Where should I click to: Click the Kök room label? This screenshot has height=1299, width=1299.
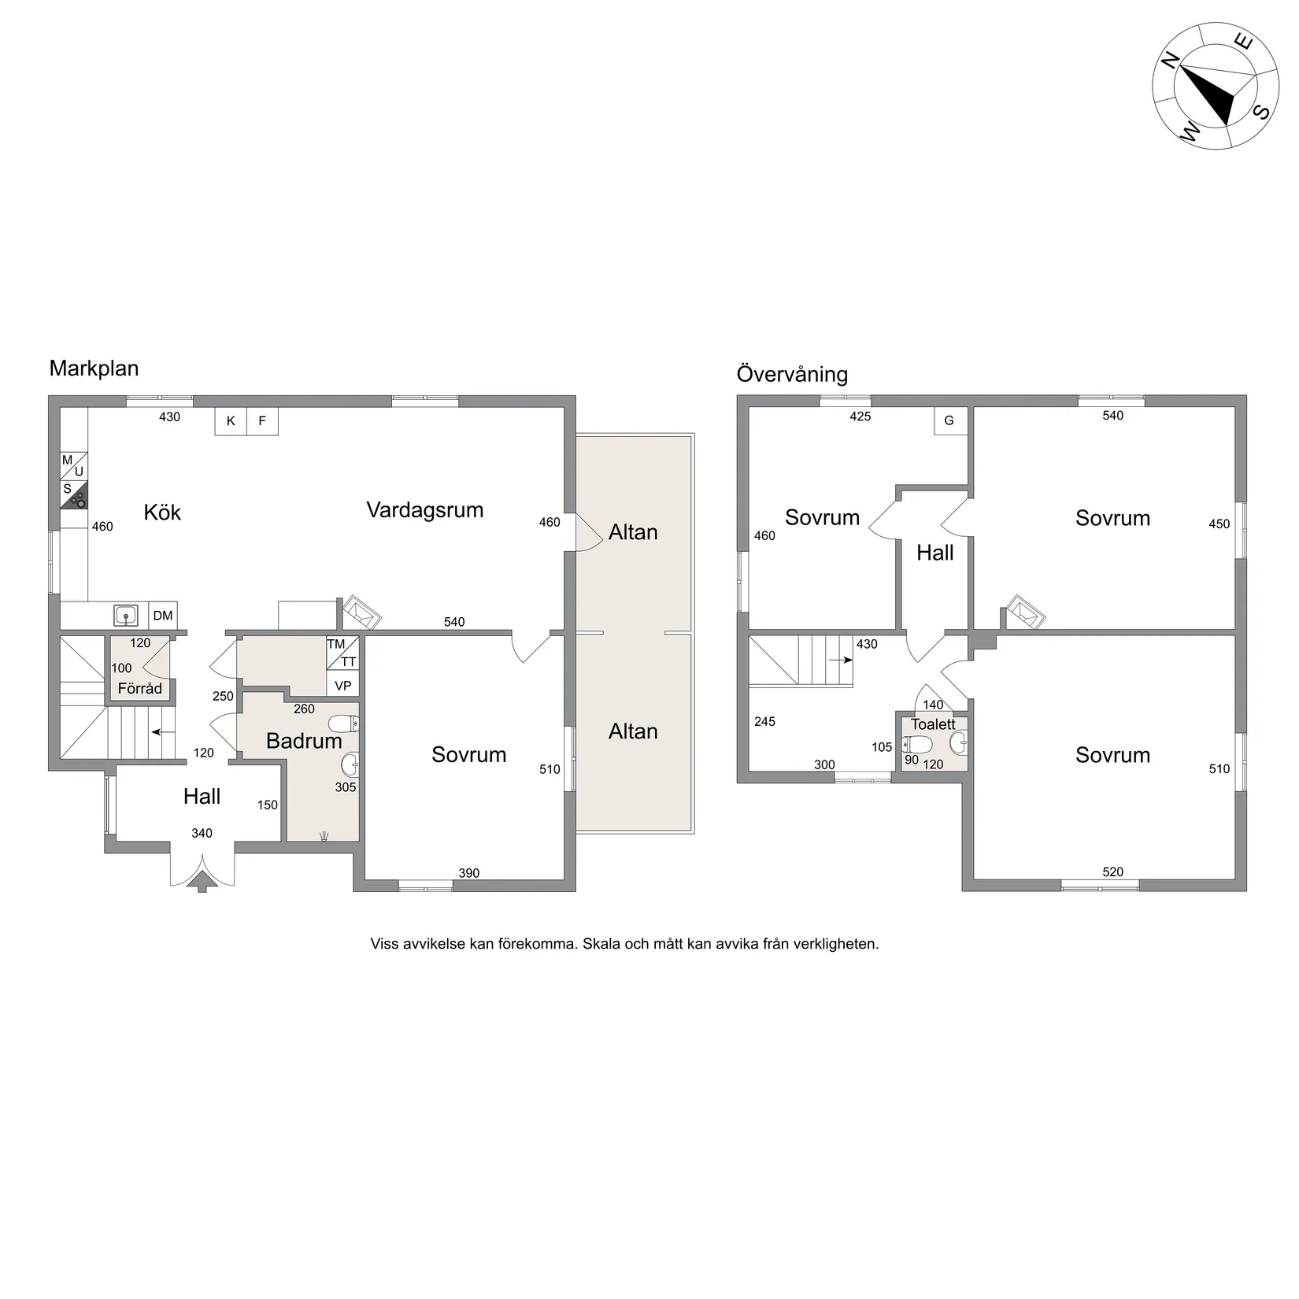click(162, 513)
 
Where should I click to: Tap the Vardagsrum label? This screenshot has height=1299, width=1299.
click(425, 510)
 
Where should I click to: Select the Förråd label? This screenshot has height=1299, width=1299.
click(140, 688)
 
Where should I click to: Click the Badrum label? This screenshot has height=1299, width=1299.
click(304, 741)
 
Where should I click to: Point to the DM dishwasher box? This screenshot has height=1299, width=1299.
click(163, 616)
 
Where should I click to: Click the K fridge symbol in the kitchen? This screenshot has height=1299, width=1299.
click(231, 421)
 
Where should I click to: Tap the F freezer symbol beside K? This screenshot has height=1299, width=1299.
click(262, 421)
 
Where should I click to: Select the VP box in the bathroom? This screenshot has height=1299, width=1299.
click(342, 686)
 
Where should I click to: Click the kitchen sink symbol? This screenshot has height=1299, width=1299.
click(126, 615)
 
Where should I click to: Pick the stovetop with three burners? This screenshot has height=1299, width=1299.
click(75, 496)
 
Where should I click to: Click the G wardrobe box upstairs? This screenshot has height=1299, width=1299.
click(949, 420)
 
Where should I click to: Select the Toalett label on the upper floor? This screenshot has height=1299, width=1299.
click(933, 724)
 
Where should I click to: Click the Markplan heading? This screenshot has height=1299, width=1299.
click(94, 368)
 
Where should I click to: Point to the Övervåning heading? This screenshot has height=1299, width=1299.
click(792, 374)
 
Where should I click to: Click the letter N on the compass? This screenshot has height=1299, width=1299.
click(1171, 61)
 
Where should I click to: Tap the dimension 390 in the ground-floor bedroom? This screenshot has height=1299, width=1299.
click(469, 873)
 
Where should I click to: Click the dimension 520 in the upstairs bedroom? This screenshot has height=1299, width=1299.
click(1113, 872)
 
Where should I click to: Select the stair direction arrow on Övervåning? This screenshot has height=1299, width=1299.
click(841, 660)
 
